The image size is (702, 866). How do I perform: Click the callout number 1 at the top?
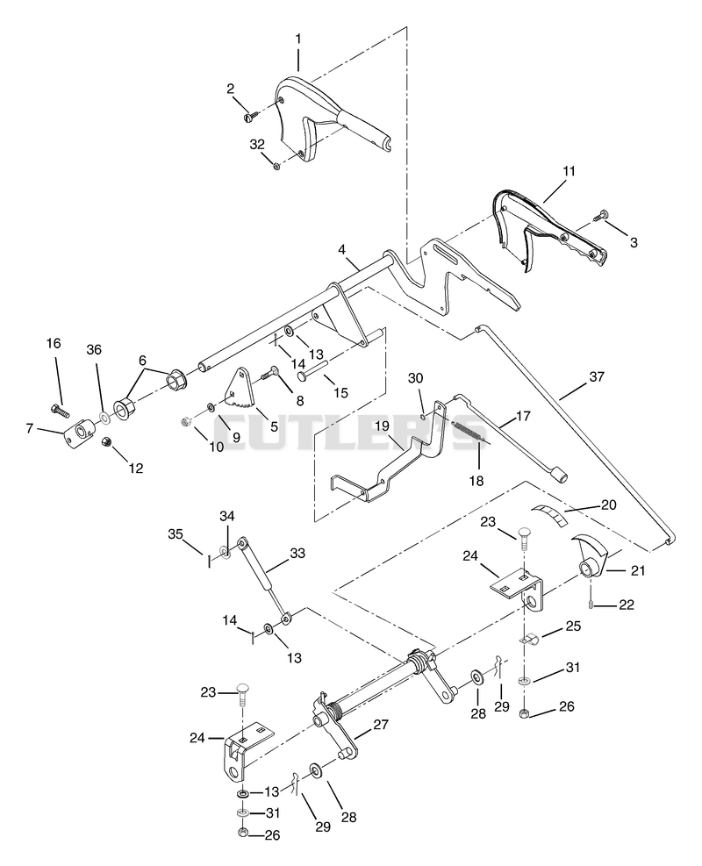pos(298,39)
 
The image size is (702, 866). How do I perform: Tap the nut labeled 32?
pos(276,165)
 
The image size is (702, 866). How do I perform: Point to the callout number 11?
pos(569,171)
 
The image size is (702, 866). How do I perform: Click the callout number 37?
pos(597,377)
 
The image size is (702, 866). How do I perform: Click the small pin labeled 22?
pos(591,605)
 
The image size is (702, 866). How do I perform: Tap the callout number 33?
pos(297,554)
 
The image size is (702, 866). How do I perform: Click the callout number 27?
pos(381,724)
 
